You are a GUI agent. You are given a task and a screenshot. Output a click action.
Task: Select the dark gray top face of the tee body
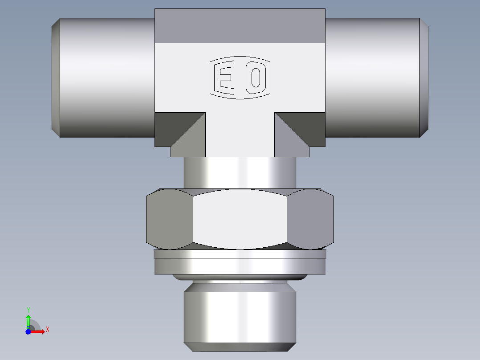tap(240, 26)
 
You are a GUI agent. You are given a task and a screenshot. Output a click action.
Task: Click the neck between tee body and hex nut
tap(240, 172)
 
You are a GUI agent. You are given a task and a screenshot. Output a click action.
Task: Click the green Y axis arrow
tap(28, 320)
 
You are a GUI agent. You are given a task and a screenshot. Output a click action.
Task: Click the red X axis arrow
tap(38, 331)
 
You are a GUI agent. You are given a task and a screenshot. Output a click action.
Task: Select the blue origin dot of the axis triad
tap(28, 331)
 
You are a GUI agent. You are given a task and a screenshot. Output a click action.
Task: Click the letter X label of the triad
tap(47, 330)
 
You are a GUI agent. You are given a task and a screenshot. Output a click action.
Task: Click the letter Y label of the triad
tap(28, 310)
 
